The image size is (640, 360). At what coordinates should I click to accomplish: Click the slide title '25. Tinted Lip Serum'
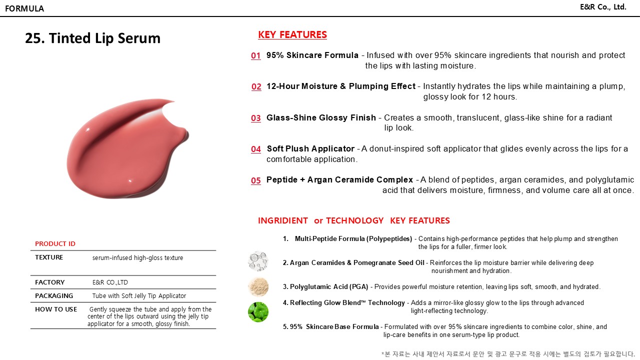tap(93, 38)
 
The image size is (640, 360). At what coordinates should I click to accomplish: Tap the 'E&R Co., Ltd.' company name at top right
tap(602, 7)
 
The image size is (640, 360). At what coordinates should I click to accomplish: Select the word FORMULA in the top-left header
tap(24, 8)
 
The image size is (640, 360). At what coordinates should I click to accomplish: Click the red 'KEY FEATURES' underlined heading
tap(292, 34)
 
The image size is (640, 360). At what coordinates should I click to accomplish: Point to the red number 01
tap(256, 55)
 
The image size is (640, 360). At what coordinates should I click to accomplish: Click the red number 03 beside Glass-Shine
tap(256, 118)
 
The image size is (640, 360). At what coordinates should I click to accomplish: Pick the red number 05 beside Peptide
tap(256, 180)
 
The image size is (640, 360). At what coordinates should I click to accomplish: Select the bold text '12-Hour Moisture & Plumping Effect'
tap(340, 86)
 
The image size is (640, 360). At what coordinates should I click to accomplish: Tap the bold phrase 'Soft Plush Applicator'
tap(310, 149)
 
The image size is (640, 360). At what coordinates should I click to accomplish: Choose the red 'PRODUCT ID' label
tap(55, 244)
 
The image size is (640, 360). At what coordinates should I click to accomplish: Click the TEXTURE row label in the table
tap(49, 257)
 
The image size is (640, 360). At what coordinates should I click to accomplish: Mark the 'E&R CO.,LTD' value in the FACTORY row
tap(110, 282)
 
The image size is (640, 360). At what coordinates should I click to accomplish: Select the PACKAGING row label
tap(54, 296)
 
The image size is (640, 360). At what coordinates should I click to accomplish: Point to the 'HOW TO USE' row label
tap(56, 309)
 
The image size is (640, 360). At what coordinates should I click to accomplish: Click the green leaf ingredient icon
tap(258, 312)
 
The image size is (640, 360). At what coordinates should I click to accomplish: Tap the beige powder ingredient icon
tap(258, 287)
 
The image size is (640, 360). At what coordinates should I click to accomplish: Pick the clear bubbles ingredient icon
tap(258, 261)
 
